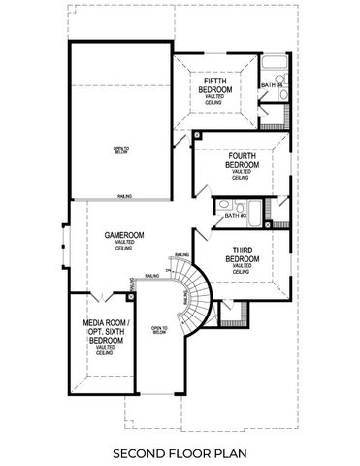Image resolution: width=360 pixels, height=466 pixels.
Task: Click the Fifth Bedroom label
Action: tap(215, 85)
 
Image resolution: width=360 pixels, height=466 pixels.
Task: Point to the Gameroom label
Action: tap(125, 239)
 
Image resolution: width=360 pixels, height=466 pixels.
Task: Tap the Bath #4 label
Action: tap(271, 86)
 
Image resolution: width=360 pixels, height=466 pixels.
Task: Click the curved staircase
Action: tap(192, 296)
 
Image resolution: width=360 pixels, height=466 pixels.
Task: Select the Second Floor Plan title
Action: tap(180, 453)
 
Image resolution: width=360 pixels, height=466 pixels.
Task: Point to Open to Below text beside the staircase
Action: tap(159, 332)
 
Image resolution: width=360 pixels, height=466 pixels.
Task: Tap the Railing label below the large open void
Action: tap(125, 195)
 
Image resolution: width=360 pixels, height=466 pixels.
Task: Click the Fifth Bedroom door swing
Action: tap(181, 138)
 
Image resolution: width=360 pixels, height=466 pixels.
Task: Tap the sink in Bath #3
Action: tap(225, 205)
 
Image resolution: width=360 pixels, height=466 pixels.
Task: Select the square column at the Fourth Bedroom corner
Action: tap(197, 134)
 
